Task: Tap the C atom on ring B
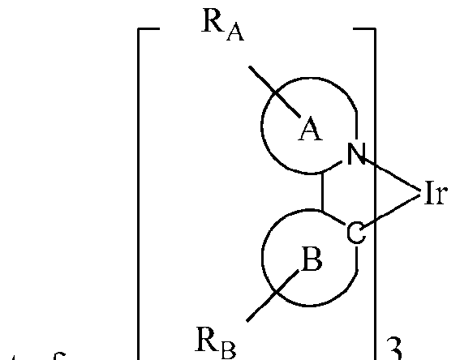[355, 234]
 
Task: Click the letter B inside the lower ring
[311, 261]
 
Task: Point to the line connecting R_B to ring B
[267, 299]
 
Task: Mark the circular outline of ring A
[263, 130]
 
